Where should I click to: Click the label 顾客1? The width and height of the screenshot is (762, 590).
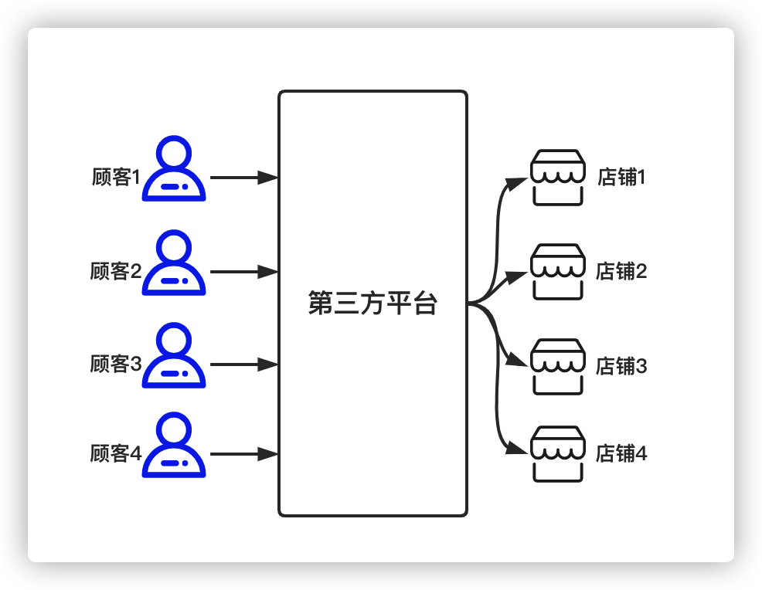(x=117, y=178)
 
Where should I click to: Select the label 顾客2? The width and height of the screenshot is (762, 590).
(x=116, y=272)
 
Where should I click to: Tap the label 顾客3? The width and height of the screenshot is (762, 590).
(x=116, y=364)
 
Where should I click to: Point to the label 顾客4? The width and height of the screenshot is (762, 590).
(x=116, y=454)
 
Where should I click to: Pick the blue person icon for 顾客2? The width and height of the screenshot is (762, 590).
(x=174, y=264)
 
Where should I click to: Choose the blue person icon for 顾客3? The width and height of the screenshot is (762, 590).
(x=174, y=356)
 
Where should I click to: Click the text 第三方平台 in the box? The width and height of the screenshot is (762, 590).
(x=372, y=303)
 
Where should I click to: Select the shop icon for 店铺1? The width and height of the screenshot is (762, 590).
(x=557, y=178)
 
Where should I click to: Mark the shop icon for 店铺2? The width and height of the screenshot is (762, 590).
(x=557, y=272)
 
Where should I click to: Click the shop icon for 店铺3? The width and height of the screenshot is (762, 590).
(x=557, y=365)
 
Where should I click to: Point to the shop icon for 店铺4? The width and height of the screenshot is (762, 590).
(x=557, y=453)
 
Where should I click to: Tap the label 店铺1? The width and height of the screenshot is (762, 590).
(x=621, y=178)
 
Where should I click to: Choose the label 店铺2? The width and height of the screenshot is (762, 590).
(x=621, y=272)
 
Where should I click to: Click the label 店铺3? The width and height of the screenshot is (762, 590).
(x=621, y=366)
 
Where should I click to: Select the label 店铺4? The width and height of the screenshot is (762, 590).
(x=621, y=454)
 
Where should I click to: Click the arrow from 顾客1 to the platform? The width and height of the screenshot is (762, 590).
(x=243, y=178)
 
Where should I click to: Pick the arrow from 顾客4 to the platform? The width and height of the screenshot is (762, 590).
(x=243, y=454)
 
